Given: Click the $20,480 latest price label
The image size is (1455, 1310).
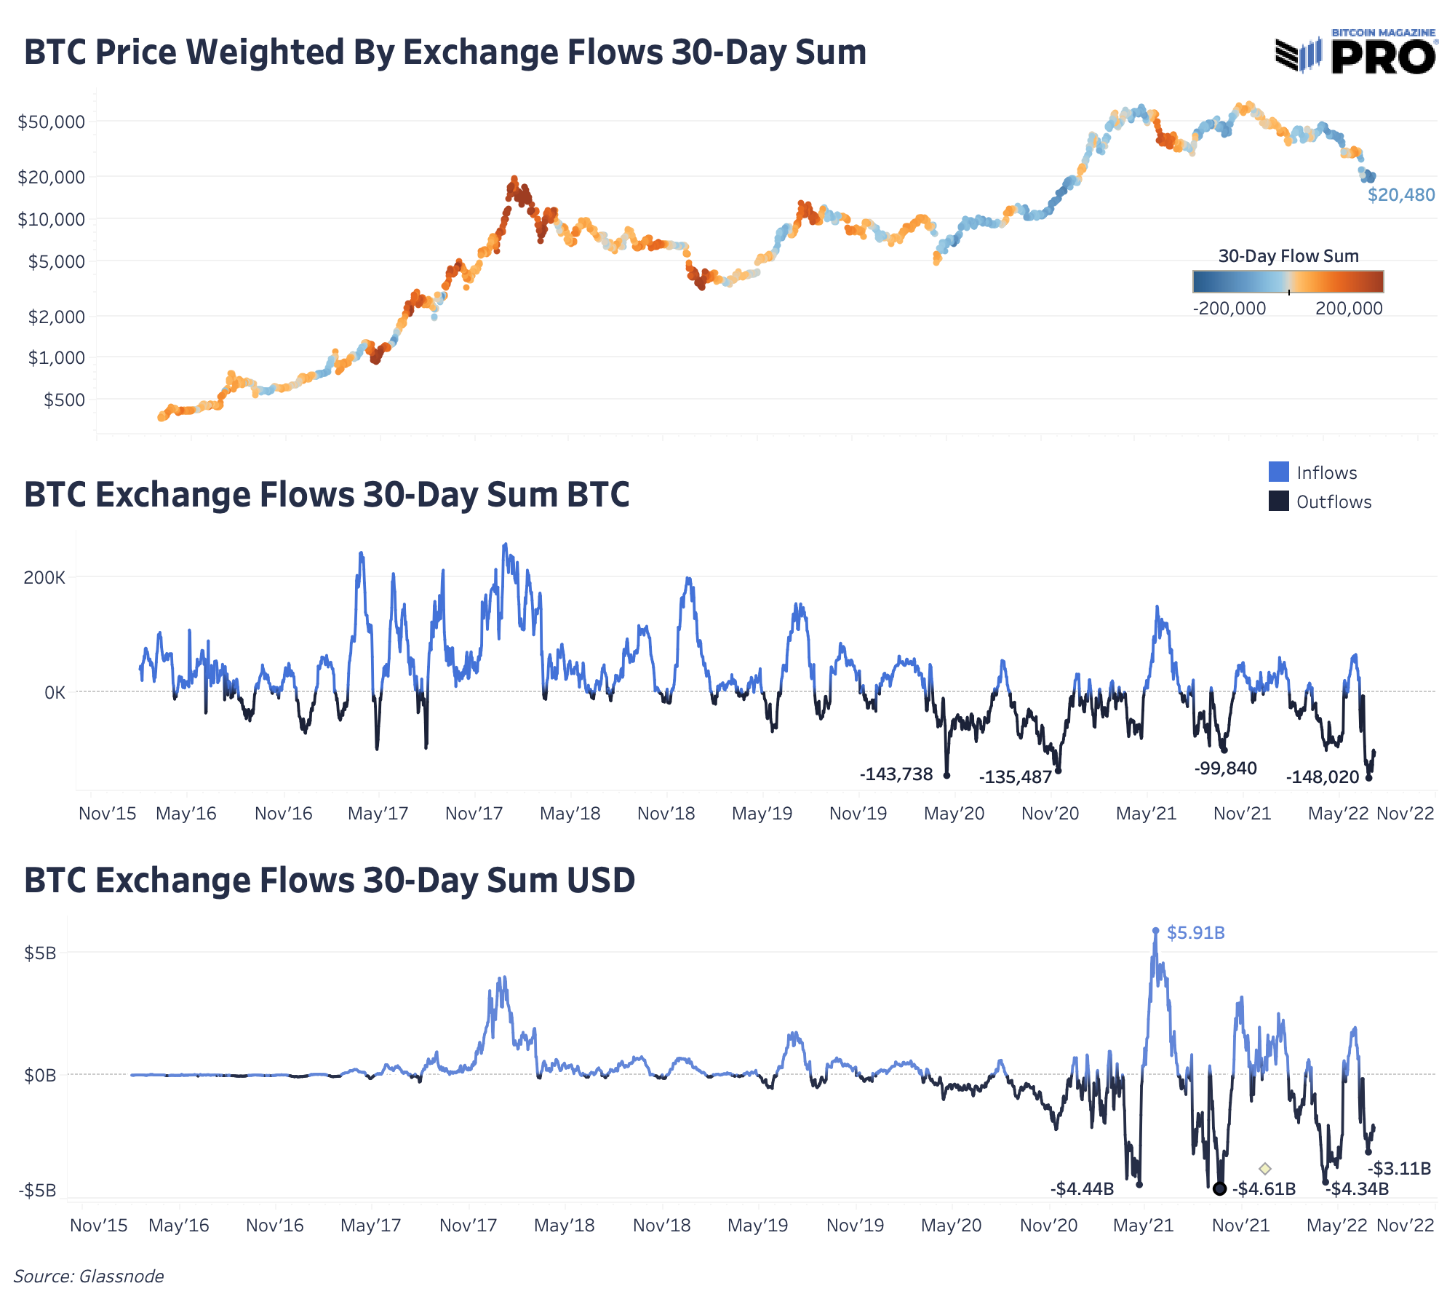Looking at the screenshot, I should pyautogui.click(x=1401, y=195).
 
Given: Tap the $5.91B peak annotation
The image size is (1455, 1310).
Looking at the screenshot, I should pyautogui.click(x=1196, y=933).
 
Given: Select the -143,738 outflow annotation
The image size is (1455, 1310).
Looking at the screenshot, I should pyautogui.click(x=896, y=774).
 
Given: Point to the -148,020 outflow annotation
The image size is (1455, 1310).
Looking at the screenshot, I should pyautogui.click(x=1323, y=777).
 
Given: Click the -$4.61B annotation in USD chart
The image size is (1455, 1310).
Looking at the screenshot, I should pyautogui.click(x=1264, y=1189).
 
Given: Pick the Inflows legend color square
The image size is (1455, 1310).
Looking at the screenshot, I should pyautogui.click(x=1278, y=472).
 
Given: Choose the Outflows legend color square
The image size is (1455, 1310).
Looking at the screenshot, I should pyautogui.click(x=1278, y=501).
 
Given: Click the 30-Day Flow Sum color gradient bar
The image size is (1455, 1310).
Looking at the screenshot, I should pyautogui.click(x=1288, y=282).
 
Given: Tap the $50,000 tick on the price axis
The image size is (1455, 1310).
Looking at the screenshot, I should pyautogui.click(x=51, y=122).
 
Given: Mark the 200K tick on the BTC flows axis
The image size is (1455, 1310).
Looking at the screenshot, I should pyautogui.click(x=44, y=578).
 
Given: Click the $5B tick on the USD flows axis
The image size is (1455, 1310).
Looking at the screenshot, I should pyautogui.click(x=40, y=953).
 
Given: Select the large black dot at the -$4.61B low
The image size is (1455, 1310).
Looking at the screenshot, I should pyautogui.click(x=1220, y=1188).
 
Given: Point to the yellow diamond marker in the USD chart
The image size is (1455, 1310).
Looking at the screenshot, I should pyautogui.click(x=1265, y=1169).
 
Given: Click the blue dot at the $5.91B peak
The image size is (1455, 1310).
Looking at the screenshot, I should pyautogui.click(x=1156, y=931).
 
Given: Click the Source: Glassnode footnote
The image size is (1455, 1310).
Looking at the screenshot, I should pyautogui.click(x=89, y=1277).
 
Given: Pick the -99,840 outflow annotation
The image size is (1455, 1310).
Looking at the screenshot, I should pyautogui.click(x=1226, y=769).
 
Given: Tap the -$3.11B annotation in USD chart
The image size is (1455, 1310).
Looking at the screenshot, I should pyautogui.click(x=1400, y=1169).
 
